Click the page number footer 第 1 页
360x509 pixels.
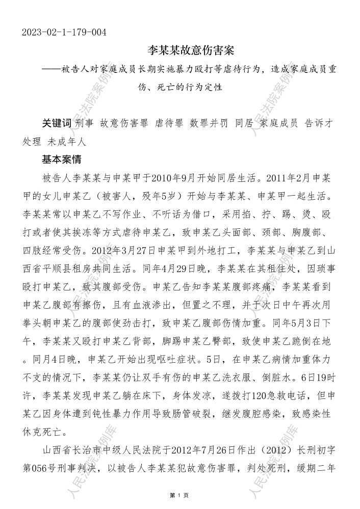click(179, 495)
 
